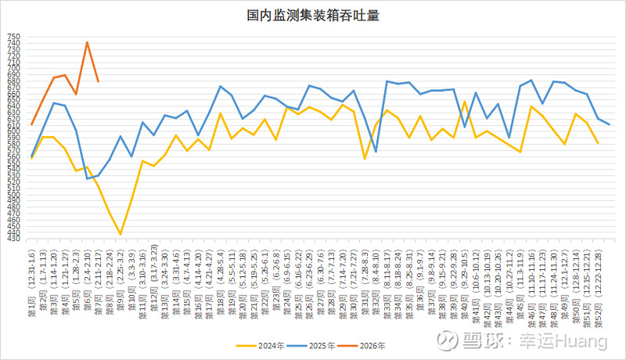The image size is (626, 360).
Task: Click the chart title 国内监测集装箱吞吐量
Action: pos(313,14)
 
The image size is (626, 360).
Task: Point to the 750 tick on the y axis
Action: pos(15,38)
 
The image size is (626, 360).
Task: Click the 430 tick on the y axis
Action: pos(15,239)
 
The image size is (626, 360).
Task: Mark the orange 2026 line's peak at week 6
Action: pos(87,42)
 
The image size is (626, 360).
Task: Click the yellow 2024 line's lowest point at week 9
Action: pos(121,234)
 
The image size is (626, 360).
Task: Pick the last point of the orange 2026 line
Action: pos(98,81)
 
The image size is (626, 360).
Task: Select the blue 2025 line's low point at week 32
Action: pos(376,152)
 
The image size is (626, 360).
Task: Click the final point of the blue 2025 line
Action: pos(609,125)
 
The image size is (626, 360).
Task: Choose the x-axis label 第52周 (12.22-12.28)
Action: pos(598,277)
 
